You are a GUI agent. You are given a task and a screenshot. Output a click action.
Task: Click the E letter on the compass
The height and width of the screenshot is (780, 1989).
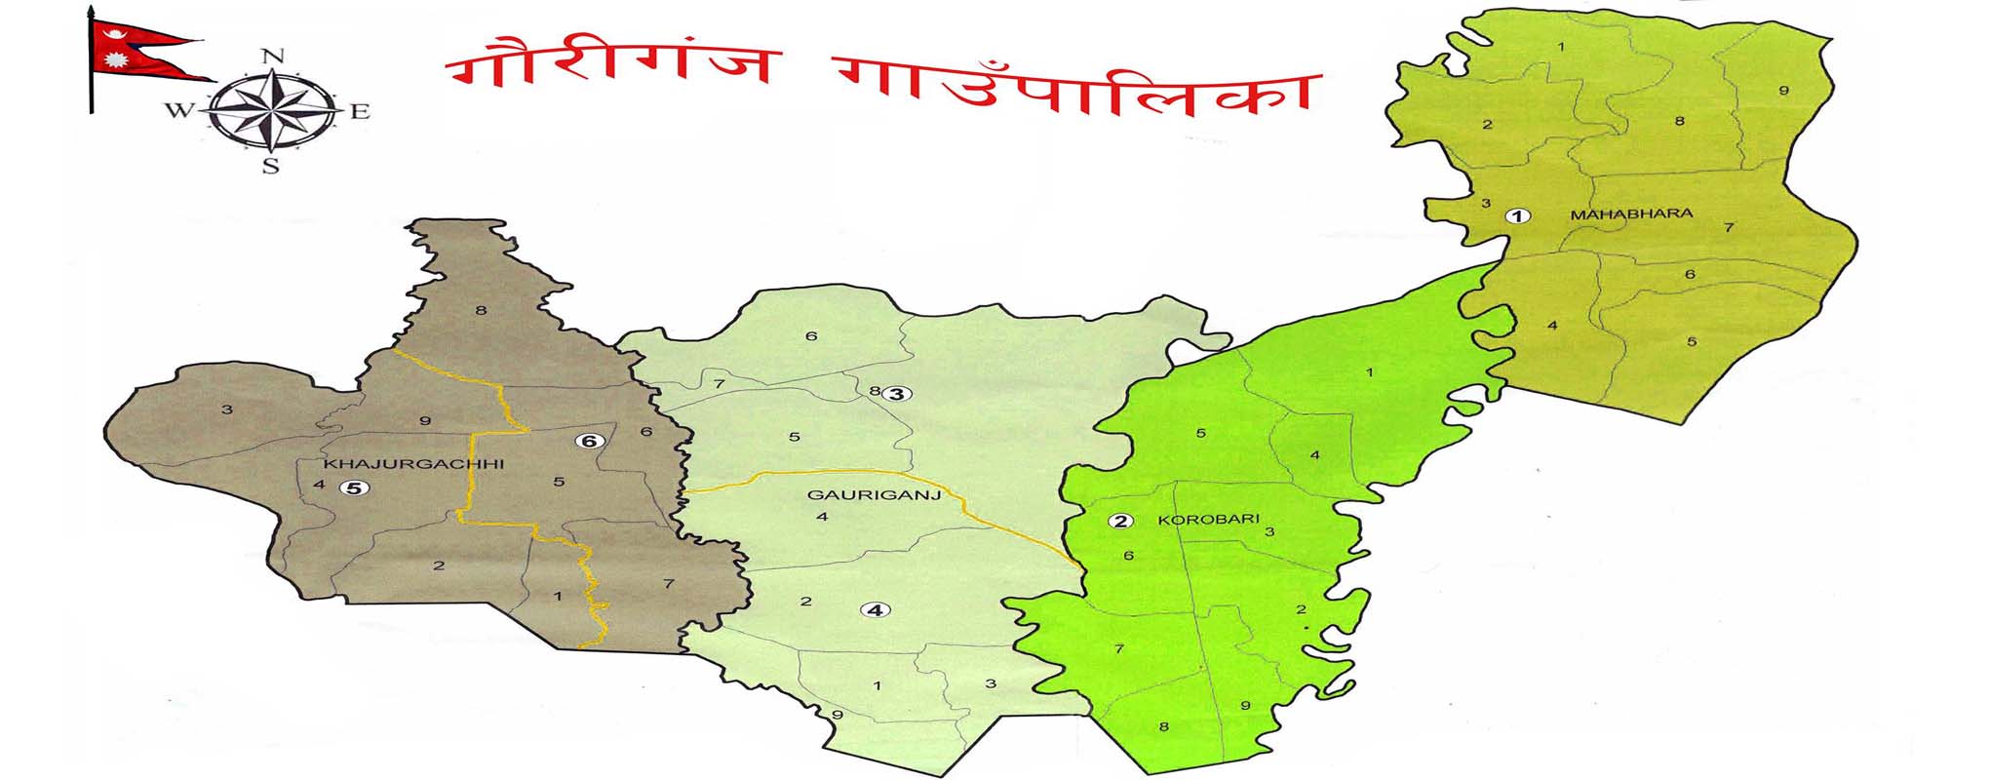coord(360,111)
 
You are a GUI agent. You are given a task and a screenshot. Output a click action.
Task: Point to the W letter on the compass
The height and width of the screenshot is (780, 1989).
coord(179,110)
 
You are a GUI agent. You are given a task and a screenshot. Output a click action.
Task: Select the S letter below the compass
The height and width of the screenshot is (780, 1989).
coord(271,166)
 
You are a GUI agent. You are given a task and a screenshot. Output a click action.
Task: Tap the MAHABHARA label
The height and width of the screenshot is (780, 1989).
coord(1631,214)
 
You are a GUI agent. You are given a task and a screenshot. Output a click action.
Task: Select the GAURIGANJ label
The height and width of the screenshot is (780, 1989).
coord(874,495)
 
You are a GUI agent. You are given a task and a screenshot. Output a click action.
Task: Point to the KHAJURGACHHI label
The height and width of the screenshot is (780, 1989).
coord(413,464)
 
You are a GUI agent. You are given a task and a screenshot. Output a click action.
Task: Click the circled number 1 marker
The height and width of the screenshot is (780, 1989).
coord(1517,215)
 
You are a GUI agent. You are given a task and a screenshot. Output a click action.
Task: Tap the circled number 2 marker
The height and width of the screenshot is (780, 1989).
coord(1121,521)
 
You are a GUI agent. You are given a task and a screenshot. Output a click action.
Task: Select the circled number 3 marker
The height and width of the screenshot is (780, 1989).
coord(896,394)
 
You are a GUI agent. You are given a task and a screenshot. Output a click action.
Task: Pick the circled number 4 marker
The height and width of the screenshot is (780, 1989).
coord(876,610)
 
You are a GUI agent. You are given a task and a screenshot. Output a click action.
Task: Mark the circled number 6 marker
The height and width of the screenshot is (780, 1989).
coord(588,441)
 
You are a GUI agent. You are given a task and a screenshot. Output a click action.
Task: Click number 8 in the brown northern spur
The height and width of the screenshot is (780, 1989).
coord(480,311)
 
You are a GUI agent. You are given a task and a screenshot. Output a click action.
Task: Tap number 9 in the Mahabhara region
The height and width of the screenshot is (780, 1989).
coord(1783,91)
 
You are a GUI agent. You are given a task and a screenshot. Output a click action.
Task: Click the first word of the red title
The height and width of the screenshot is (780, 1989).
coord(609,63)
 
